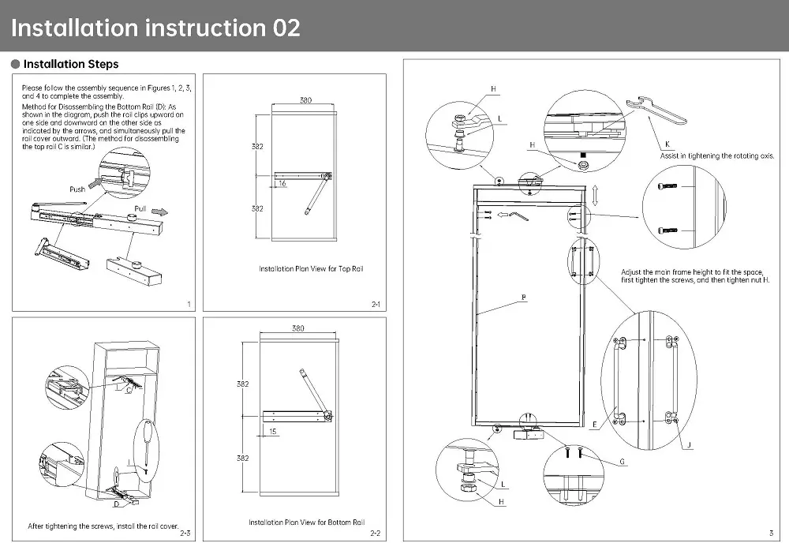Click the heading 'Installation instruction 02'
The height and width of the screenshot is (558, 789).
click(155, 28)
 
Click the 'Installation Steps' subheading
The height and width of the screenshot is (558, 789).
click(71, 64)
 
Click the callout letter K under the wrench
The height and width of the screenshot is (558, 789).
click(667, 144)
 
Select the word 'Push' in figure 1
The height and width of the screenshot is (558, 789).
click(77, 189)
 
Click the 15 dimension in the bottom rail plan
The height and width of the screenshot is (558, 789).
click(272, 431)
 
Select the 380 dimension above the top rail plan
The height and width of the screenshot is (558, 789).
click(305, 100)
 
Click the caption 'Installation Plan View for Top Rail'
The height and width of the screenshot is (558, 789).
click(311, 269)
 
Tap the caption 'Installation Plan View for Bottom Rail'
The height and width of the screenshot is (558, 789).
click(306, 522)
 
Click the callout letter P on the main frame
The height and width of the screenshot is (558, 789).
click(523, 297)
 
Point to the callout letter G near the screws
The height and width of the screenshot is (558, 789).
click(622, 461)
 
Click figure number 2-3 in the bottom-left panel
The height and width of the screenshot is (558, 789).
click(185, 534)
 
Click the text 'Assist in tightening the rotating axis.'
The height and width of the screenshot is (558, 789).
click(716, 155)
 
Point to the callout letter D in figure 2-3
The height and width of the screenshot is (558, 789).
click(115, 504)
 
